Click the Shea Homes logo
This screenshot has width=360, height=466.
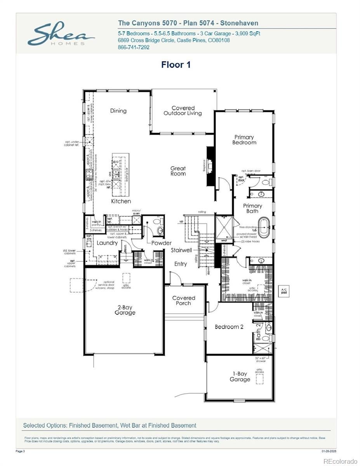[61, 34]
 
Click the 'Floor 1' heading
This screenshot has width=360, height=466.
[176, 65]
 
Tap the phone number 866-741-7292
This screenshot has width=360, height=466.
[133, 47]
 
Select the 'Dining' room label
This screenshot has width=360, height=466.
[118, 111]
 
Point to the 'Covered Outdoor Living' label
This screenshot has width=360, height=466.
[183, 111]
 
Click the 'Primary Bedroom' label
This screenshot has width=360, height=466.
[244, 140]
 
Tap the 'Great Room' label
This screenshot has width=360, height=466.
[178, 171]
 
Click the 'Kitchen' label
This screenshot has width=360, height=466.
[121, 201]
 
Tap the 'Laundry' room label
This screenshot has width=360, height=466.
[107, 243]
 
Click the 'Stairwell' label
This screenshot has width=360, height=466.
[181, 250]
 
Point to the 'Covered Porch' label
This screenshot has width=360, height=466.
[183, 301]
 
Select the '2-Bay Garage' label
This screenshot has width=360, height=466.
[125, 310]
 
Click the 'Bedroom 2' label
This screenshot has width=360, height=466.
[229, 327]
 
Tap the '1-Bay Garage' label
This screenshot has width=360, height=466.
[240, 376]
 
